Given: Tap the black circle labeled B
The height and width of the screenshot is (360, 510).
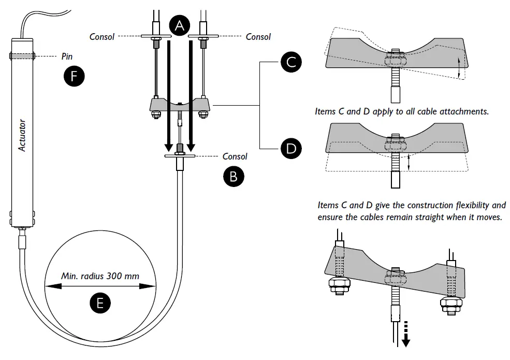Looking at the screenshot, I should pyautogui.click(x=234, y=176).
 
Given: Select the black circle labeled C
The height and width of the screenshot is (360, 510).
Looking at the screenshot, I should pyautogui.click(x=291, y=62).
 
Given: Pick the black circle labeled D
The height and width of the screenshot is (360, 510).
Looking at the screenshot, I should pyautogui.click(x=291, y=149).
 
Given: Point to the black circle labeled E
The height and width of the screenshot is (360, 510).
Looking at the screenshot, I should pyautogui.click(x=100, y=303).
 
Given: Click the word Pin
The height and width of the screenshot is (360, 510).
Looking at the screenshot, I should pyautogui.click(x=67, y=56).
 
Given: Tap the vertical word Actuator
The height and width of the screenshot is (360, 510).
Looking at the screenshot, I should pyautogui.click(x=22, y=135).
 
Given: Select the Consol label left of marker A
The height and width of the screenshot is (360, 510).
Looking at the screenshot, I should pyautogui.click(x=102, y=37).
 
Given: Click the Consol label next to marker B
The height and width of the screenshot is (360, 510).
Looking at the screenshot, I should pyautogui.click(x=235, y=156).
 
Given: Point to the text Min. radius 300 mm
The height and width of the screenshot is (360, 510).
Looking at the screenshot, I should pyautogui.click(x=100, y=276).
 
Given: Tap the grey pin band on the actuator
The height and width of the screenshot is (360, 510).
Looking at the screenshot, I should pyautogui.click(x=22, y=55).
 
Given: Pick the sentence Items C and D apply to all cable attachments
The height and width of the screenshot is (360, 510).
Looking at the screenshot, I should pyautogui.click(x=402, y=111).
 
